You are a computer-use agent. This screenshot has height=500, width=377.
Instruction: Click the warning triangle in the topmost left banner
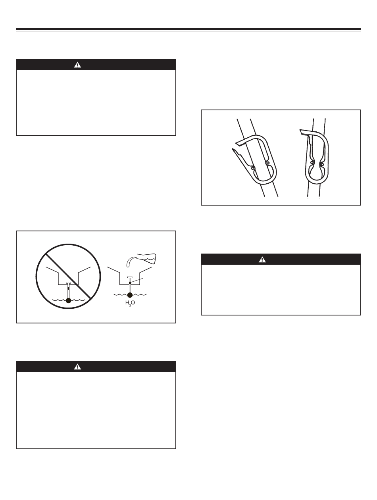[x=77, y=65]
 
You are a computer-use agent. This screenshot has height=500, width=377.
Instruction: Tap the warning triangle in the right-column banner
[x=262, y=260]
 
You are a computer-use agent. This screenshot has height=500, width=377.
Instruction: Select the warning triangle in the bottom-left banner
[x=77, y=367]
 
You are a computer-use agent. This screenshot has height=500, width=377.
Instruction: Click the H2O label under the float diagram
[x=130, y=303]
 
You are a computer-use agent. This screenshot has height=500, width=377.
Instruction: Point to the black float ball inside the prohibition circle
[x=68, y=300]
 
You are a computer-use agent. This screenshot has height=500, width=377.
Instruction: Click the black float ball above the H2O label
[x=130, y=295]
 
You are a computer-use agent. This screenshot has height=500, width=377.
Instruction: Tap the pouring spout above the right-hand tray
[x=131, y=262]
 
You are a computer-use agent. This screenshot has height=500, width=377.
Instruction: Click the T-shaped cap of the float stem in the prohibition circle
[x=68, y=283]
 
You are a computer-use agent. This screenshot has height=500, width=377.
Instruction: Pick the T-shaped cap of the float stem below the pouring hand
[x=130, y=278]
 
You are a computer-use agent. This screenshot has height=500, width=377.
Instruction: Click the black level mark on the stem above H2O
[x=130, y=283]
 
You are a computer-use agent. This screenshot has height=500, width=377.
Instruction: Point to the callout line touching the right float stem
[x=137, y=281]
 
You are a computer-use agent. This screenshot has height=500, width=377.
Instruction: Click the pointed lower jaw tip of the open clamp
[x=233, y=149]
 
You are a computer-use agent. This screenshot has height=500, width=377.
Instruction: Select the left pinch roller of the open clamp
[x=253, y=168]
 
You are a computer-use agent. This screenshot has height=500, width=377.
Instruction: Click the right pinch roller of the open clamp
[x=268, y=163]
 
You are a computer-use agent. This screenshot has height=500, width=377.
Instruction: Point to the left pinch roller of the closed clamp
[x=312, y=163]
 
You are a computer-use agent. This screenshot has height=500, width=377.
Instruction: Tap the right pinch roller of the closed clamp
[x=322, y=164]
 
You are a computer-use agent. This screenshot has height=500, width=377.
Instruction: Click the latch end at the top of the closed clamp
[x=303, y=132]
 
